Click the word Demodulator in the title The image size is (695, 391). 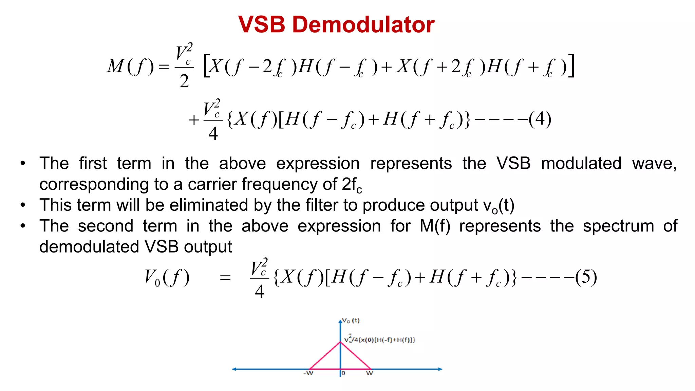tap(363, 24)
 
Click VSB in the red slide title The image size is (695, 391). tap(262, 24)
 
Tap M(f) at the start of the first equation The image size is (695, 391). tap(130, 66)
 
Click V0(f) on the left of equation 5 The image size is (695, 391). tap(167, 277)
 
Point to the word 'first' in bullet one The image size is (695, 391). tap(93, 163)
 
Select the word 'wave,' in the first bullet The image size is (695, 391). tap(654, 163)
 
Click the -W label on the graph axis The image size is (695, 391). tap(308, 373)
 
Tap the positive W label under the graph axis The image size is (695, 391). tap(370, 373)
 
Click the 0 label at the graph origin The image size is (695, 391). tap(343, 373)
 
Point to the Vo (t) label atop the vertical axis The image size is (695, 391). tap(351, 320)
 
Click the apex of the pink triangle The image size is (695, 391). tap(340, 342)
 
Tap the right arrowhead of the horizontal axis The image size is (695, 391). tap(440, 369)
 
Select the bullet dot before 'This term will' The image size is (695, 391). tap(23, 205)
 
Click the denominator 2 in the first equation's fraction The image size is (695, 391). tap(184, 81)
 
